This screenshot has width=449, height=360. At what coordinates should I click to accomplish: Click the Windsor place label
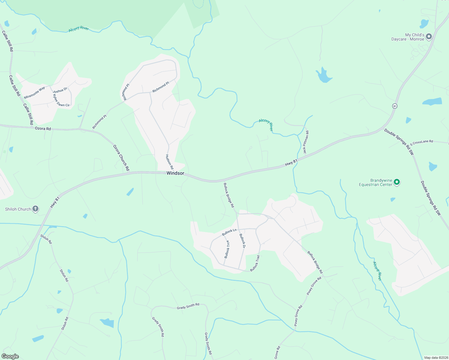click(175, 173)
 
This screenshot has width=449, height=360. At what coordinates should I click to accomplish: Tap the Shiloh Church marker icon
click(35, 209)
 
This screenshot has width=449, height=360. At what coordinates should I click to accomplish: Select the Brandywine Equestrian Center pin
click(397, 182)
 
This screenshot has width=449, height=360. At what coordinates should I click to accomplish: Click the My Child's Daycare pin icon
click(429, 37)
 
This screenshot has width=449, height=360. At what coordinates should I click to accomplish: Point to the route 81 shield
click(395, 106)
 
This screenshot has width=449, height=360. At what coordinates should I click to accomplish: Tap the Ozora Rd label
click(43, 128)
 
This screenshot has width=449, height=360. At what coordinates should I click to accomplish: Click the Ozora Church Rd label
click(121, 158)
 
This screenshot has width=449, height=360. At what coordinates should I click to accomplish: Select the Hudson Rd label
click(170, 162)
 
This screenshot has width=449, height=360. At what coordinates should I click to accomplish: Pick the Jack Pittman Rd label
click(306, 142)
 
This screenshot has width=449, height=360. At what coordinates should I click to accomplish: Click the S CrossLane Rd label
click(422, 142)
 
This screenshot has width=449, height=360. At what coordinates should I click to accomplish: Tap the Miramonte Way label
click(35, 92)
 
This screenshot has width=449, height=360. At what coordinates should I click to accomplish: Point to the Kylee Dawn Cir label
click(61, 101)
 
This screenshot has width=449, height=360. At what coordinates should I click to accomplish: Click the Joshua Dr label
click(60, 90)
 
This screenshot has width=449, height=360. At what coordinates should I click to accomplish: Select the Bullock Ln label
click(229, 232)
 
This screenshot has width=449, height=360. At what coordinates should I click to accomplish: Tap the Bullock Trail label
click(255, 263)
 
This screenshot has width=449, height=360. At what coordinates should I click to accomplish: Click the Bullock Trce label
click(227, 249)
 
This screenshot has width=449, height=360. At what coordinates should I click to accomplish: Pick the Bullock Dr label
click(242, 241)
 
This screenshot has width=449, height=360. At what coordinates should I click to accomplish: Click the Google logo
click(10, 356)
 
